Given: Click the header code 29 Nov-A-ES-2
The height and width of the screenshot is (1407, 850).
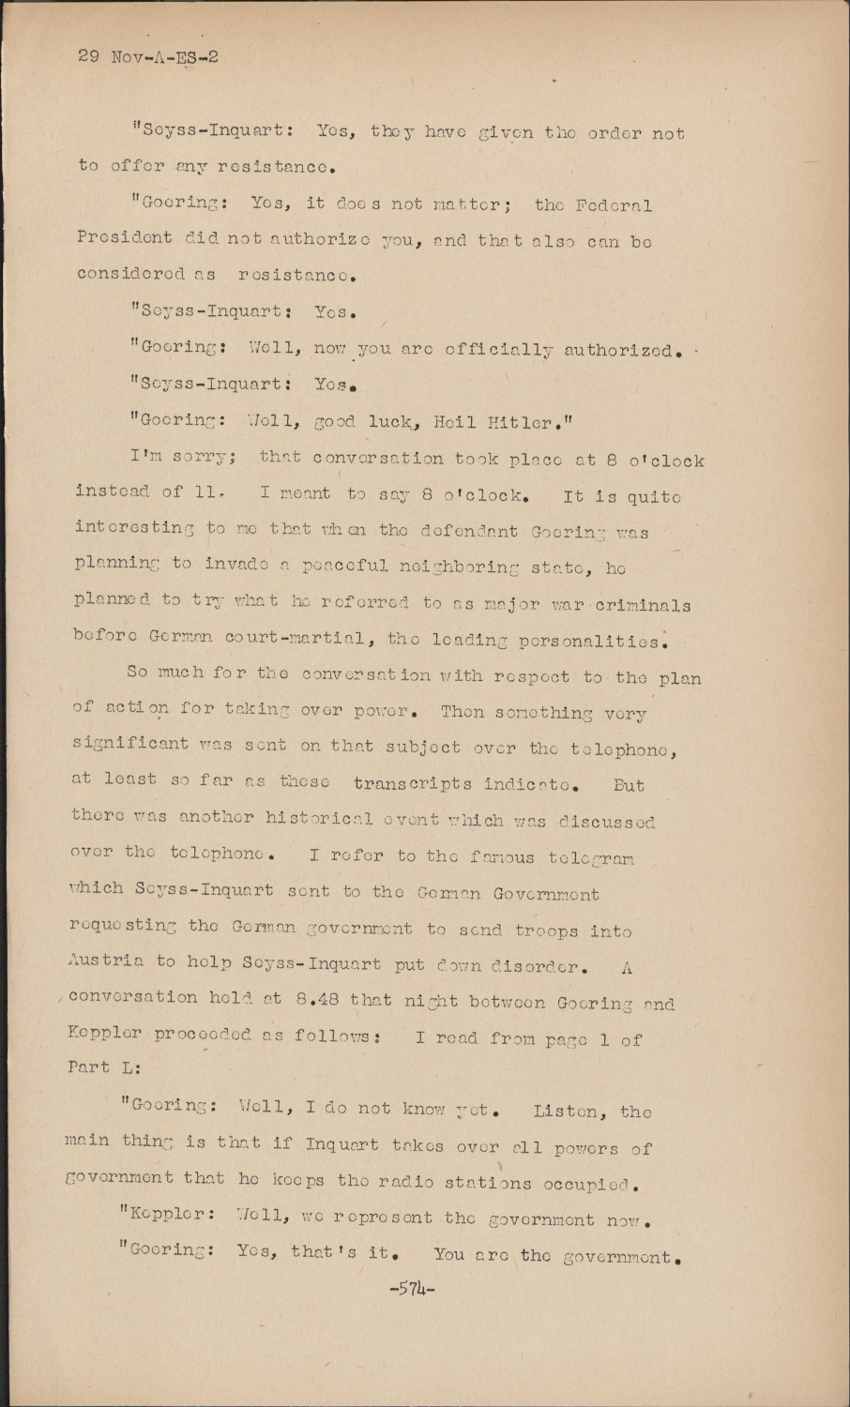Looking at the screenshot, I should tap(148, 56).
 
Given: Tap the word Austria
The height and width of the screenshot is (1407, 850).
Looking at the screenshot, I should tap(107, 961).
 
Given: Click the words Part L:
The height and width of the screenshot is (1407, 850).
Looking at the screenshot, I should tap(104, 1067).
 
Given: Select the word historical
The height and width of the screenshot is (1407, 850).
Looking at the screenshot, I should tap(307, 820).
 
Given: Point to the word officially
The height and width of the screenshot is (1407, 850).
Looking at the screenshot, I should tap(499, 350).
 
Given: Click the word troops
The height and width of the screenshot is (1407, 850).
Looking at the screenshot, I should tap(546, 930).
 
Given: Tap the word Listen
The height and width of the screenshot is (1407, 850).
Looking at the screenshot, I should tap(567, 1112).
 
